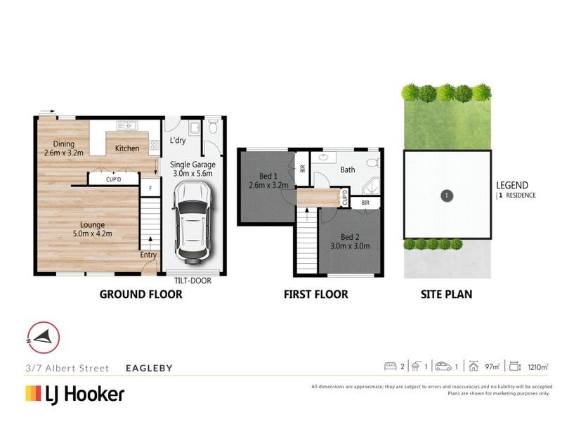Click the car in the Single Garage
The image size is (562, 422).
point(192,219)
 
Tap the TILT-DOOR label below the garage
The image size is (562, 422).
point(192,281)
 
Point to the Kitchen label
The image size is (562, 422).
point(127,148)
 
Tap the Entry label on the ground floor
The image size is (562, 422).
point(148,255)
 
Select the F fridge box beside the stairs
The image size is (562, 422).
point(150,188)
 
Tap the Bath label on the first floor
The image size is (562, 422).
point(347,170)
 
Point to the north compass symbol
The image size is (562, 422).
point(43,337)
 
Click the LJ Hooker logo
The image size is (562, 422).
point(74,393)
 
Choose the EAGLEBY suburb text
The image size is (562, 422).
point(148,368)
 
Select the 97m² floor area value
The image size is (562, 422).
point(493,366)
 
